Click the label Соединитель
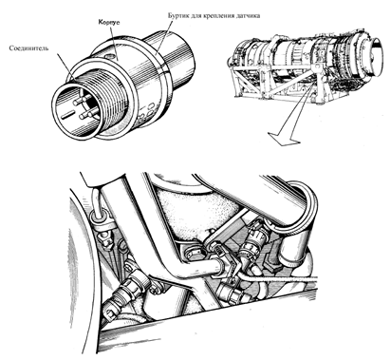[x=28, y=48]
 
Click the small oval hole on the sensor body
[x=111, y=56]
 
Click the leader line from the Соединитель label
[x=66, y=66]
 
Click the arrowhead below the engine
[x=284, y=139]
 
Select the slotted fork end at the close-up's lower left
[x=109, y=313]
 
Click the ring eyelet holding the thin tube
[x=98, y=218]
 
